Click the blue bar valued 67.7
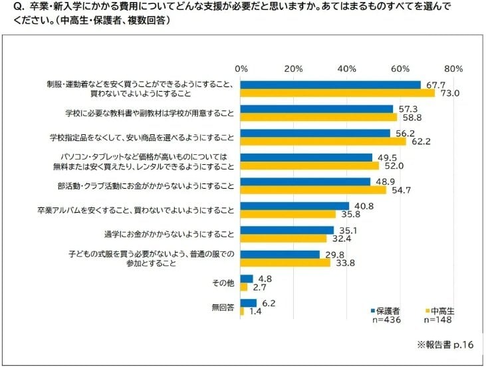[x=330, y=85]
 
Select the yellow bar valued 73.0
[x=338, y=93]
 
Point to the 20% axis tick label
[x=294, y=68]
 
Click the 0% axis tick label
[x=241, y=68]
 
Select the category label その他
[x=223, y=283]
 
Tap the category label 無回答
[x=223, y=307]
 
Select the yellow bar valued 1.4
[x=242, y=311]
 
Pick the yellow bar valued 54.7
[x=313, y=189]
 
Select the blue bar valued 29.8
[x=280, y=255]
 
